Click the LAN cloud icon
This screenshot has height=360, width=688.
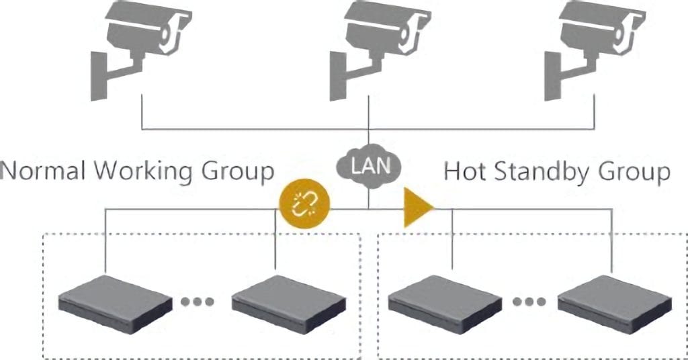pos(369,167)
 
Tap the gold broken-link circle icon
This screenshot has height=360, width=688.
pos(304,205)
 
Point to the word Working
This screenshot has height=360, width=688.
pos(143,171)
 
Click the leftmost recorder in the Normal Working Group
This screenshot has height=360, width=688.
pos(115,304)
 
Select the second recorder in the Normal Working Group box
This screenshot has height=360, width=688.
pos(288,304)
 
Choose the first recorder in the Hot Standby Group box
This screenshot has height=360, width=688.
pos(445,304)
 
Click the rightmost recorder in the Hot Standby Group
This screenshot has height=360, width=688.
pos(614,304)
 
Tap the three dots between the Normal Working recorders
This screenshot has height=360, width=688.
pos(198,302)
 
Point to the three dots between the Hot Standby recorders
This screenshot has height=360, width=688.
pos(529,302)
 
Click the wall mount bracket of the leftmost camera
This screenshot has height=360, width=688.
pos(110,75)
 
